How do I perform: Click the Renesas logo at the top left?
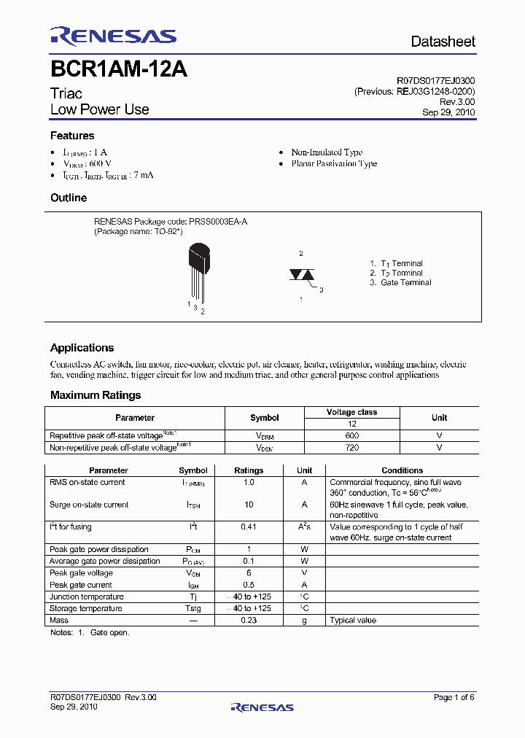[x=113, y=36]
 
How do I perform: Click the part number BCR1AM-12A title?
[x=119, y=69]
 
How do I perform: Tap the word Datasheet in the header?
[x=443, y=42]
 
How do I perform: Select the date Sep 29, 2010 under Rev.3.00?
[x=448, y=112]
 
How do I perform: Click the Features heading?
[x=72, y=136]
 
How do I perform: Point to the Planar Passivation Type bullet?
[x=334, y=164]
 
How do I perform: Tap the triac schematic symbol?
[x=301, y=275]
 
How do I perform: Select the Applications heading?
[x=82, y=348]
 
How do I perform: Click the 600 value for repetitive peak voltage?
[x=352, y=435]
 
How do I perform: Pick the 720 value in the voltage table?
[x=352, y=448]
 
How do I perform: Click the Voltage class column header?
[x=352, y=412]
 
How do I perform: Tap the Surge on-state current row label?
[x=89, y=505]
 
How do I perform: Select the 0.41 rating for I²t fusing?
[x=248, y=527]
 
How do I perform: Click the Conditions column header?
[x=402, y=470]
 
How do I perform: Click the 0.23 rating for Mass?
[x=248, y=621]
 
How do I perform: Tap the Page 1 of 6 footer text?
[x=454, y=697]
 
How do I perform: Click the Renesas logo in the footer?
[x=262, y=707]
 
